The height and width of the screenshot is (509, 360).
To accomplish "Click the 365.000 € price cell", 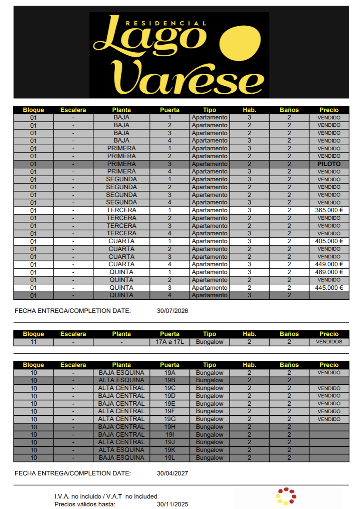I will [329, 210].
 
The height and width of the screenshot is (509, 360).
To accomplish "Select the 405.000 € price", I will [329, 241].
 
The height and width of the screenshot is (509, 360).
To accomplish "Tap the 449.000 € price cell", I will [329, 264].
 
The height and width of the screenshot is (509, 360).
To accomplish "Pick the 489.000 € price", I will [329, 272].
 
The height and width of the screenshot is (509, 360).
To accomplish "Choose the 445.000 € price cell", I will [329, 288].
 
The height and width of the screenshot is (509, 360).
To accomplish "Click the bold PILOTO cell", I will [329, 164].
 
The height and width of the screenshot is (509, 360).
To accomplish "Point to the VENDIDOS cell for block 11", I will [329, 342].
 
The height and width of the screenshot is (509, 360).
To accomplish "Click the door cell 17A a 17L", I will [170, 342].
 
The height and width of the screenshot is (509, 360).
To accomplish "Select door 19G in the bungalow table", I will [170, 419].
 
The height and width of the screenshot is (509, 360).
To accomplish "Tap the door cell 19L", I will [170, 458].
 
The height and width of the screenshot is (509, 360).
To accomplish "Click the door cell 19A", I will [170, 373].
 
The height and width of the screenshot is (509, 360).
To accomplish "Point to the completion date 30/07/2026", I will [172, 311].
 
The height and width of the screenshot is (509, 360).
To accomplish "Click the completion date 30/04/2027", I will [172, 473].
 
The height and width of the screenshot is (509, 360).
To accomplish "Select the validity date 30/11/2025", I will [172, 504].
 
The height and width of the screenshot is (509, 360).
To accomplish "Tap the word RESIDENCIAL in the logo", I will [166, 23].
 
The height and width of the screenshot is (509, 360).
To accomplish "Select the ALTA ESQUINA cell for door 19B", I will [121, 380].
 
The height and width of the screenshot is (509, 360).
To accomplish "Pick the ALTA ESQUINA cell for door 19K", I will [121, 450].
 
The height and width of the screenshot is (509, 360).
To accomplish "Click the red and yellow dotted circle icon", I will [286, 496].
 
